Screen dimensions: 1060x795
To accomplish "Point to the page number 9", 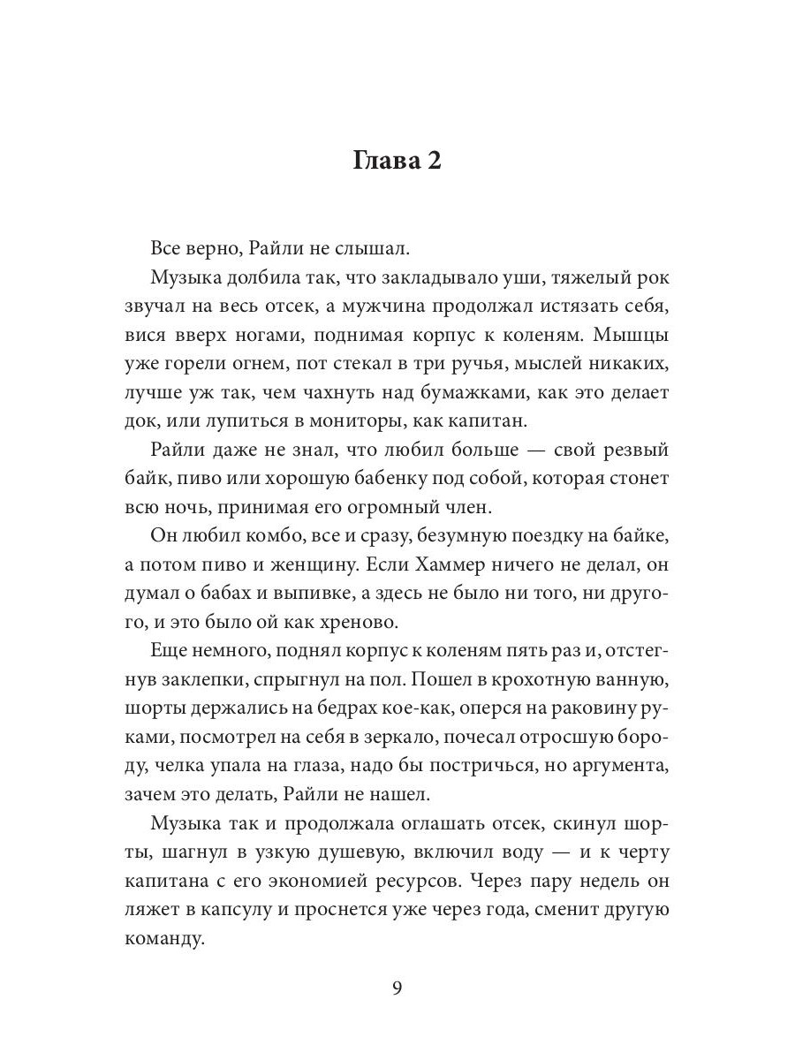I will (x=397, y=988).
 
